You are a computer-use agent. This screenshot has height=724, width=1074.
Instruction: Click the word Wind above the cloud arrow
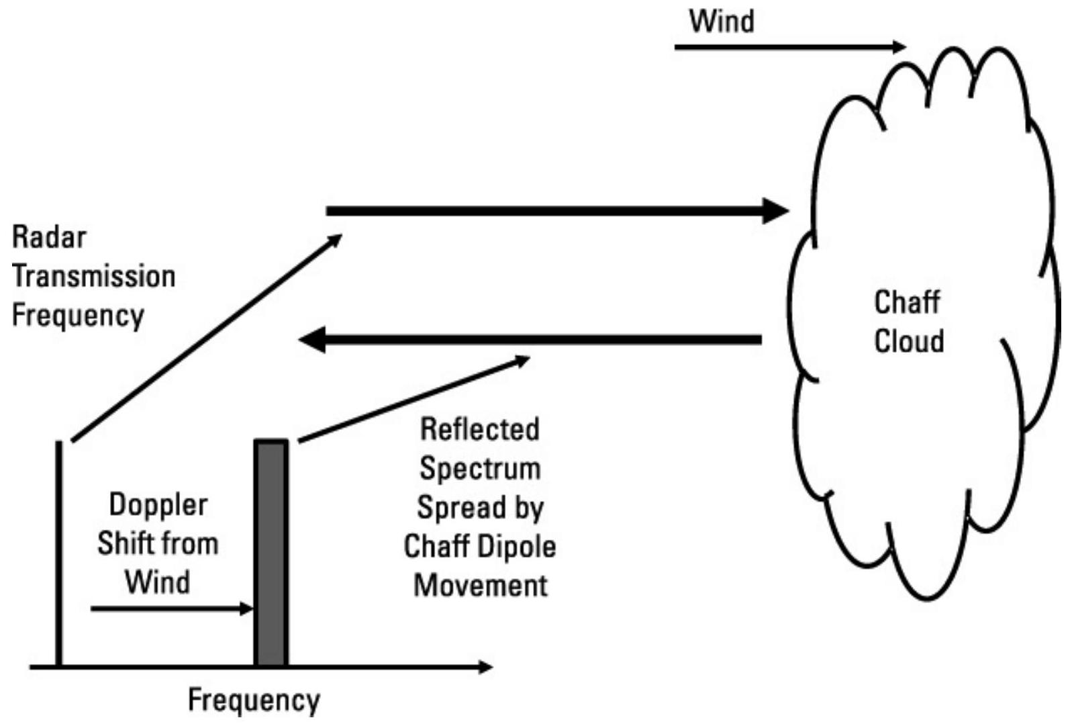point(722,21)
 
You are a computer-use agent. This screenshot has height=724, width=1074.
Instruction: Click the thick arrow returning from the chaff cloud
point(530,340)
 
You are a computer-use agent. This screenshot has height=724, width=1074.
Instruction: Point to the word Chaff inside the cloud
point(907,302)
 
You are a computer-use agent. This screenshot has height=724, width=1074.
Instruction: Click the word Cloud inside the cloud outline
point(909,341)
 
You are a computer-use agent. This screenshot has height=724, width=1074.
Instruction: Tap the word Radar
point(50,238)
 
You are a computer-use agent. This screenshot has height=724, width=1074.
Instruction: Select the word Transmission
point(94,277)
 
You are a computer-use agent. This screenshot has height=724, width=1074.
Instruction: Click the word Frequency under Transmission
point(78,316)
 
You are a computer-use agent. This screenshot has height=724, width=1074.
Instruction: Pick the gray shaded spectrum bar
point(271,553)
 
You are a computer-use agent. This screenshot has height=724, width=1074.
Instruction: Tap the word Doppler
point(158,505)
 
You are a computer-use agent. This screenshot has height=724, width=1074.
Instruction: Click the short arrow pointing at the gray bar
point(171,609)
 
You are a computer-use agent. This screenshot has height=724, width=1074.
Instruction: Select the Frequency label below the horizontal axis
point(254,700)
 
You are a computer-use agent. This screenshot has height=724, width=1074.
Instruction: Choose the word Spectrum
point(480,469)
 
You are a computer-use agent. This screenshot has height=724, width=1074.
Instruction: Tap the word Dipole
point(518,547)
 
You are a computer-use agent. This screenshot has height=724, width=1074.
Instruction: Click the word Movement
point(481,586)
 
